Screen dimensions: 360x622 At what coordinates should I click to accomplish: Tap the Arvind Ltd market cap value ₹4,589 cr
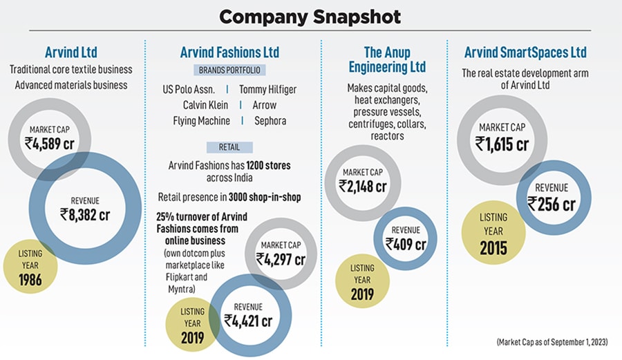(x=50, y=144)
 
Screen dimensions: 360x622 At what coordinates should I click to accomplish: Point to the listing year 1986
(x=30, y=280)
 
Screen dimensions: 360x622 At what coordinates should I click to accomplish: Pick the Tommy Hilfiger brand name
(x=268, y=89)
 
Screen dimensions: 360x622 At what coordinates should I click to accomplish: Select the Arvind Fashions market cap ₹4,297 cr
(x=281, y=259)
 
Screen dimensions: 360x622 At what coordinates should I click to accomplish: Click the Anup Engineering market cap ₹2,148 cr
(x=362, y=185)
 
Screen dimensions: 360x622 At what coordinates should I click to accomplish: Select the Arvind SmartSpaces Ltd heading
(x=525, y=53)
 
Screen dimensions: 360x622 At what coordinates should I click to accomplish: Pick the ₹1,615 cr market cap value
(x=502, y=143)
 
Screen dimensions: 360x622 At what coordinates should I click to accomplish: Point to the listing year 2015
(x=493, y=247)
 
